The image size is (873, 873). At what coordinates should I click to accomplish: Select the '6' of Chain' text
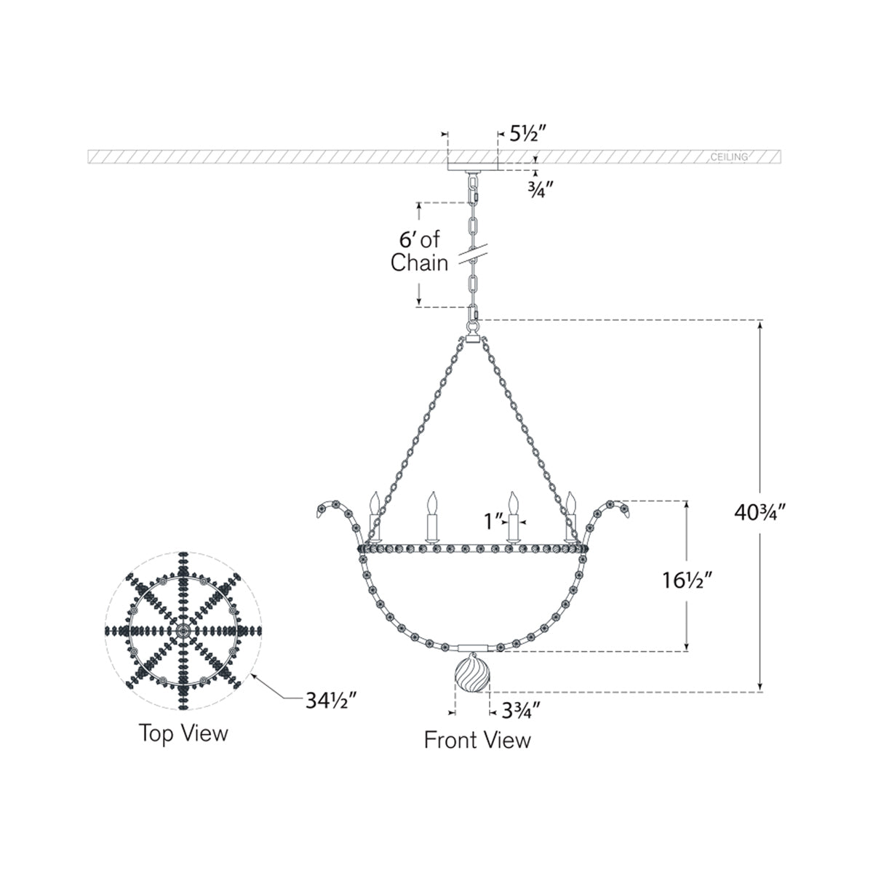click(419, 251)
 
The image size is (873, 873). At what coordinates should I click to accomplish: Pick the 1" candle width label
click(495, 521)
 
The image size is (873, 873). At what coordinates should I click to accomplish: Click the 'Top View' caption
click(183, 733)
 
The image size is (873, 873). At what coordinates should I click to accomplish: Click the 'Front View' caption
click(477, 740)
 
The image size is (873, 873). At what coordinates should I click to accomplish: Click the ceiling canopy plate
click(472, 166)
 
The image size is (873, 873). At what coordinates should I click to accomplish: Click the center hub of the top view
click(183, 630)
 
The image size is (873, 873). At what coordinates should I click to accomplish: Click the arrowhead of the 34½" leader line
click(254, 674)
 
